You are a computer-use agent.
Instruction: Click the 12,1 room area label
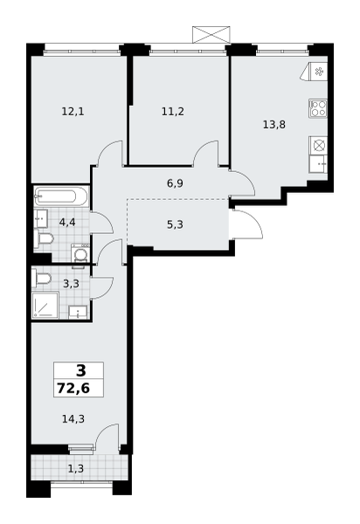coord(73,112)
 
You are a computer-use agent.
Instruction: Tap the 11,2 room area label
coord(173,112)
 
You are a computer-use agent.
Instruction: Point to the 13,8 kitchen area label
coord(274,125)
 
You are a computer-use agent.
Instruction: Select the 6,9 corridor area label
coord(175,183)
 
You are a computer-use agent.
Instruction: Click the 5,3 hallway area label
coord(175,225)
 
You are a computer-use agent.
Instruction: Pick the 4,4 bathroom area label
coord(67,222)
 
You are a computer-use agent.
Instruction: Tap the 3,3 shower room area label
coord(71,284)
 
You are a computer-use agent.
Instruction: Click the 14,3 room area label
coord(73,418)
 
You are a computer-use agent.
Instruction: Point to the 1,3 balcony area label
coord(76,469)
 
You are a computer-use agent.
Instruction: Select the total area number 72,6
coord(73,389)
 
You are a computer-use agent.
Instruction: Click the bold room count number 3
coord(81,371)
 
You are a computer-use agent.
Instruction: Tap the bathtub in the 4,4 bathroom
coord(61,196)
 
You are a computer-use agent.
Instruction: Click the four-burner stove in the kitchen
coord(317,108)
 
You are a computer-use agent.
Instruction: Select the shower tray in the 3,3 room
coord(45,305)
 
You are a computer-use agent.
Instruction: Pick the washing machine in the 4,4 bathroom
coord(81,255)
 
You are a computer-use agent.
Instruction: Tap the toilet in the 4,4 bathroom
coord(44,239)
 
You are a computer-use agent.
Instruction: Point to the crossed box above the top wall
coord(211,34)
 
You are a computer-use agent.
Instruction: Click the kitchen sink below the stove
coord(317,164)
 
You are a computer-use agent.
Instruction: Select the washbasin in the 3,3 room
coord(78,312)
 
